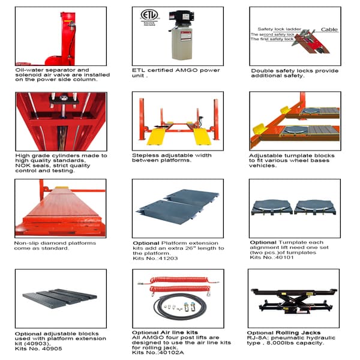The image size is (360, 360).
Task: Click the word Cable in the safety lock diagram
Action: (329, 29)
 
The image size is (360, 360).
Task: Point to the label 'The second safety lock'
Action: (273, 35)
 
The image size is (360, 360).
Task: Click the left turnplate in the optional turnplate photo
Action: (272, 206)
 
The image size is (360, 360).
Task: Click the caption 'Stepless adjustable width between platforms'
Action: (171, 157)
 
